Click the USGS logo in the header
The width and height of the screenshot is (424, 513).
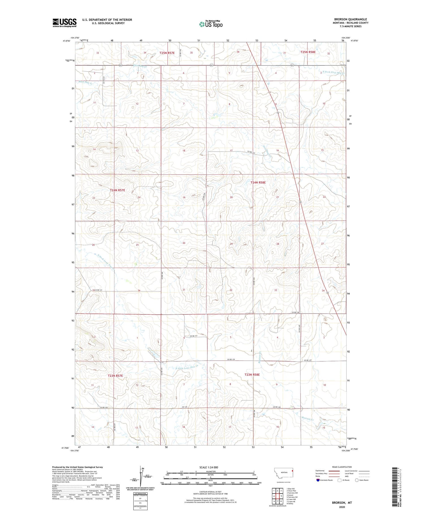[x=64, y=23]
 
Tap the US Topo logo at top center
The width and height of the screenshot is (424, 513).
[x=211, y=24]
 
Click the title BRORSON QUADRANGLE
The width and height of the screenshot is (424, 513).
[x=351, y=19]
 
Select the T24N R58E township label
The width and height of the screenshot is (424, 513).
[x=258, y=183]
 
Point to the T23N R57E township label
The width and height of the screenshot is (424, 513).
[x=115, y=375]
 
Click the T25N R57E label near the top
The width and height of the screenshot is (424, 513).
[x=167, y=53]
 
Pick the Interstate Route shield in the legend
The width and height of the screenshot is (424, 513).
[x=318, y=480]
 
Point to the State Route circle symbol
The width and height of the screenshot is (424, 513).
[x=357, y=480]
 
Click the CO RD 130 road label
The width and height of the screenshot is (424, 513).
[x=296, y=312]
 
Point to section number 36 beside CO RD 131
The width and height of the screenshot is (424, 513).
[x=139, y=291]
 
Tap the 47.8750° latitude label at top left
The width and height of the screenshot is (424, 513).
[x=67, y=41]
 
